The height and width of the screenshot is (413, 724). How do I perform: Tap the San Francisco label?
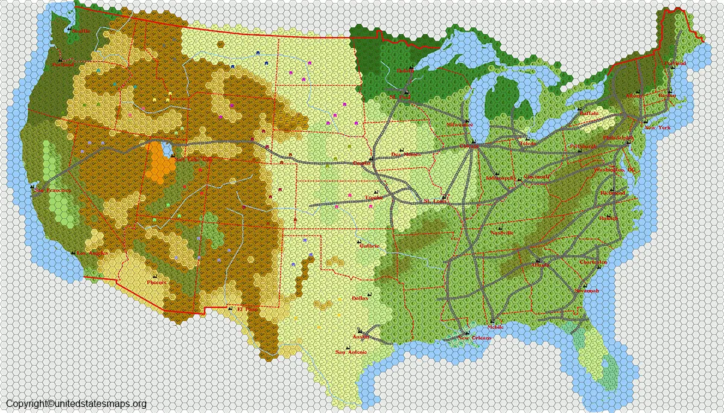tap(52, 191)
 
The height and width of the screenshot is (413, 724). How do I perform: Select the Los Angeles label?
tap(91, 254)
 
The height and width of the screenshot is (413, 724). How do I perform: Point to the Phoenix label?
tap(156, 282)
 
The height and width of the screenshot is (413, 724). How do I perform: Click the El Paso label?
tap(246, 309)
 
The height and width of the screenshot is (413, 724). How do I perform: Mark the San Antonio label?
tap(350, 352)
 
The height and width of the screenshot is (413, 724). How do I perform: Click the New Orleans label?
tap(474, 338)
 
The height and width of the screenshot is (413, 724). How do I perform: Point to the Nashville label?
tap(501, 233)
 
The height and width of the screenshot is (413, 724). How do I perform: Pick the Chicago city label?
tap(469, 146)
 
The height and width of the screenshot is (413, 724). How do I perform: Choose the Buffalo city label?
tap(589, 113)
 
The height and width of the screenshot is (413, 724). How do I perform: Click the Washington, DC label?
tap(615, 170)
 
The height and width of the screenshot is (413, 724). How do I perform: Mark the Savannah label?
tap(588, 291)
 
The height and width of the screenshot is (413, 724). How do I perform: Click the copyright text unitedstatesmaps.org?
tap(76, 404)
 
